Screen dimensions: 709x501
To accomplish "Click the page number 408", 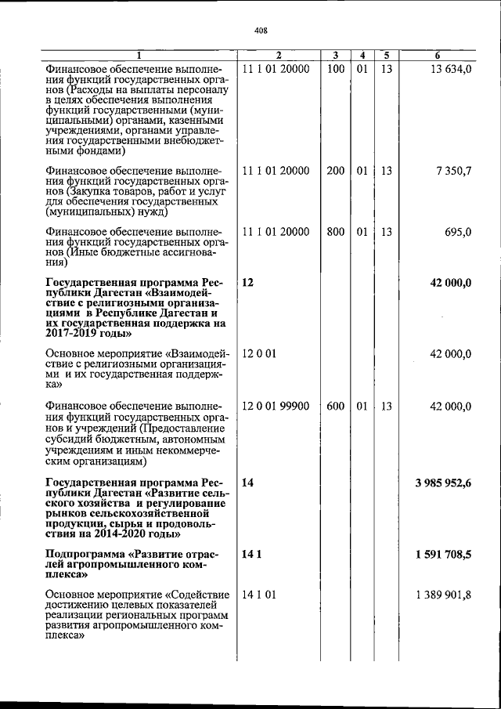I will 261,31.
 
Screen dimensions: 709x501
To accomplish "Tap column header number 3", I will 335,56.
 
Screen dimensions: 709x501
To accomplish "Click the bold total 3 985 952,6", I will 442,483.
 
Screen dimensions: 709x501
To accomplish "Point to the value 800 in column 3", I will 335,232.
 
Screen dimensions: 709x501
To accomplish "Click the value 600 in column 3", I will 335,406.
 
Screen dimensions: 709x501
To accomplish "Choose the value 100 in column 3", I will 335,70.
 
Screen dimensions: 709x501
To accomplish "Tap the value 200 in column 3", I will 335,171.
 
